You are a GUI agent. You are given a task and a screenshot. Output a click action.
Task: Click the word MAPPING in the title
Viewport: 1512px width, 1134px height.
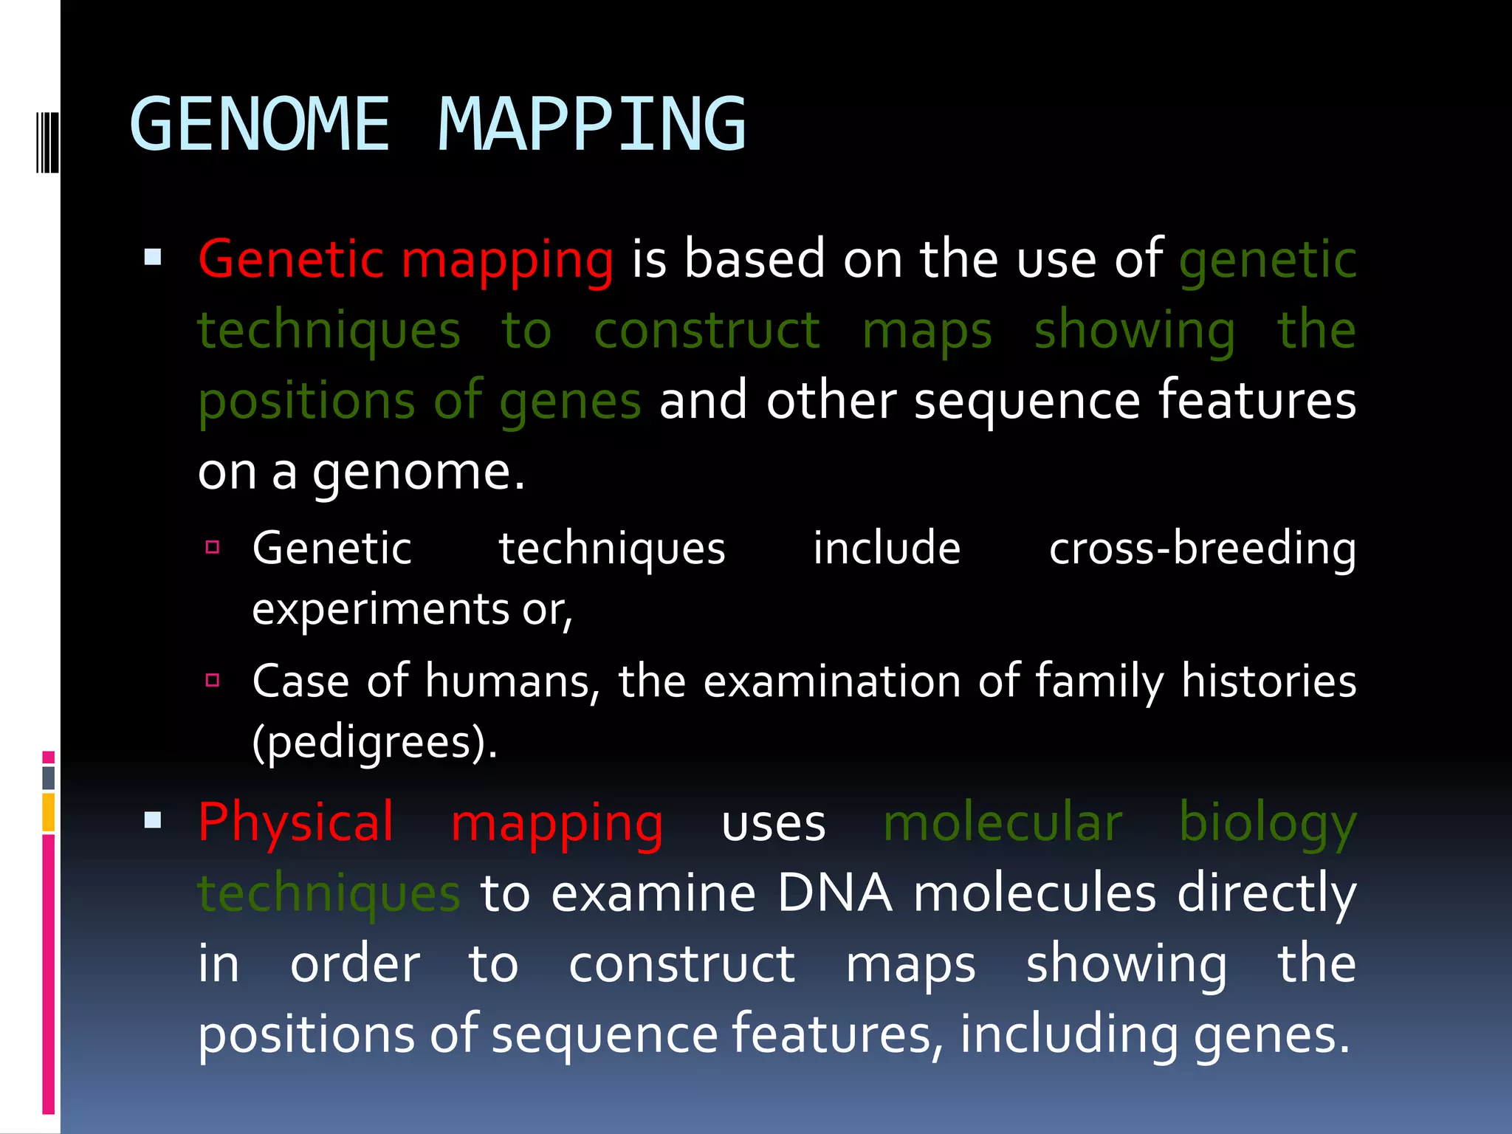tap(591, 125)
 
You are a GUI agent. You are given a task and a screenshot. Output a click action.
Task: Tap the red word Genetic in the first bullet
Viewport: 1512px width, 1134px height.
tap(291, 259)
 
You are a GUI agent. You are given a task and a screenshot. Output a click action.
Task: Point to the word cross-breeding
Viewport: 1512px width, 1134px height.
tap(1202, 549)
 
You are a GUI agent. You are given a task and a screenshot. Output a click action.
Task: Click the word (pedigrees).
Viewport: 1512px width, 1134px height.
tap(374, 742)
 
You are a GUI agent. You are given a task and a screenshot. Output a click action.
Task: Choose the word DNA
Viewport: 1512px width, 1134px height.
tap(834, 893)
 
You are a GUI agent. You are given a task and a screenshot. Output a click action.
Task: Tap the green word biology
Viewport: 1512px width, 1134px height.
tap(1267, 823)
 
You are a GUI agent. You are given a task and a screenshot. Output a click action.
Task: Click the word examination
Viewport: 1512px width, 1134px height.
tap(831, 681)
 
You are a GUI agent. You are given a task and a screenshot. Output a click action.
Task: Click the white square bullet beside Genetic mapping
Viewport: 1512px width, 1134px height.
tap(153, 257)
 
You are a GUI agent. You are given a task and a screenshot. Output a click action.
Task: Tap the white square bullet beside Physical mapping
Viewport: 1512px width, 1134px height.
tap(153, 819)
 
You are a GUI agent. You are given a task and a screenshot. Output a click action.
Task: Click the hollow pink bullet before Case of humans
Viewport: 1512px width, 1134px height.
tap(213, 680)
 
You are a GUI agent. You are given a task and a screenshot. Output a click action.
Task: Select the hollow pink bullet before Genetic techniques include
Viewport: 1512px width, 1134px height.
tap(213, 547)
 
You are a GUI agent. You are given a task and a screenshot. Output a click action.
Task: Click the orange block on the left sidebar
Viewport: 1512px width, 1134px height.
tap(49, 812)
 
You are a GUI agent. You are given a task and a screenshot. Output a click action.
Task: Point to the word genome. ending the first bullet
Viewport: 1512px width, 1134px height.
tap(418, 472)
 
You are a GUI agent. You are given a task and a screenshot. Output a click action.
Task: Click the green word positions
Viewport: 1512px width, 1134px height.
tap(306, 402)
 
